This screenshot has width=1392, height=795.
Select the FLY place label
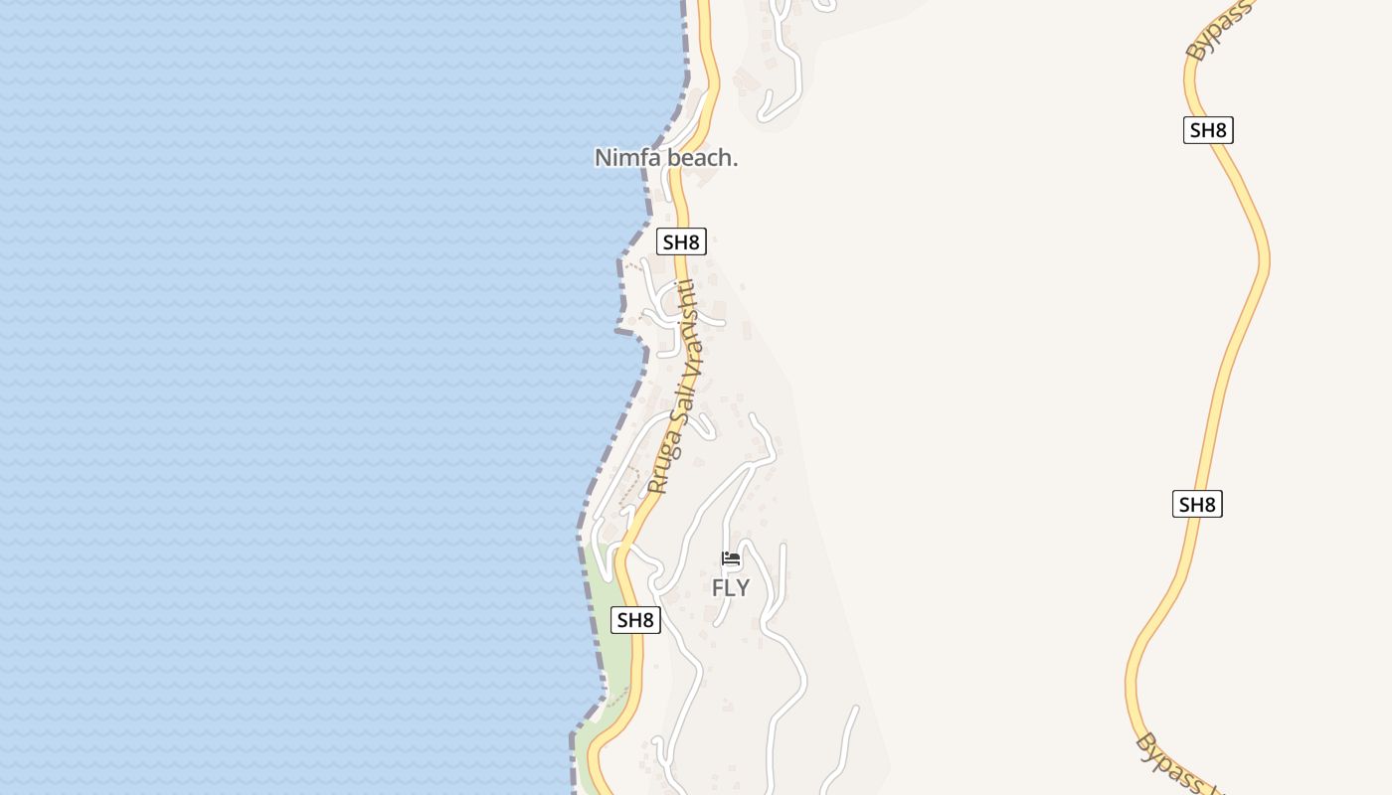731,588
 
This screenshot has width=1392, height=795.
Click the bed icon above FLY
732,559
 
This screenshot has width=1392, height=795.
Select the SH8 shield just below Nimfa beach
682,241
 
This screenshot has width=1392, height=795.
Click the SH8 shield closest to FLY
635,620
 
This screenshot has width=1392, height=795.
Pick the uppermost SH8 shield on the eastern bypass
1208,130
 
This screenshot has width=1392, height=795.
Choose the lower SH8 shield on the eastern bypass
1197,504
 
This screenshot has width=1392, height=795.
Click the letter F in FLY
717,588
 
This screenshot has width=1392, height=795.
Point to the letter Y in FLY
743,588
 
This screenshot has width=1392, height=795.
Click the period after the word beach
735,163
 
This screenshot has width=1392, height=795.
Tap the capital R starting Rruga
655,486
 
